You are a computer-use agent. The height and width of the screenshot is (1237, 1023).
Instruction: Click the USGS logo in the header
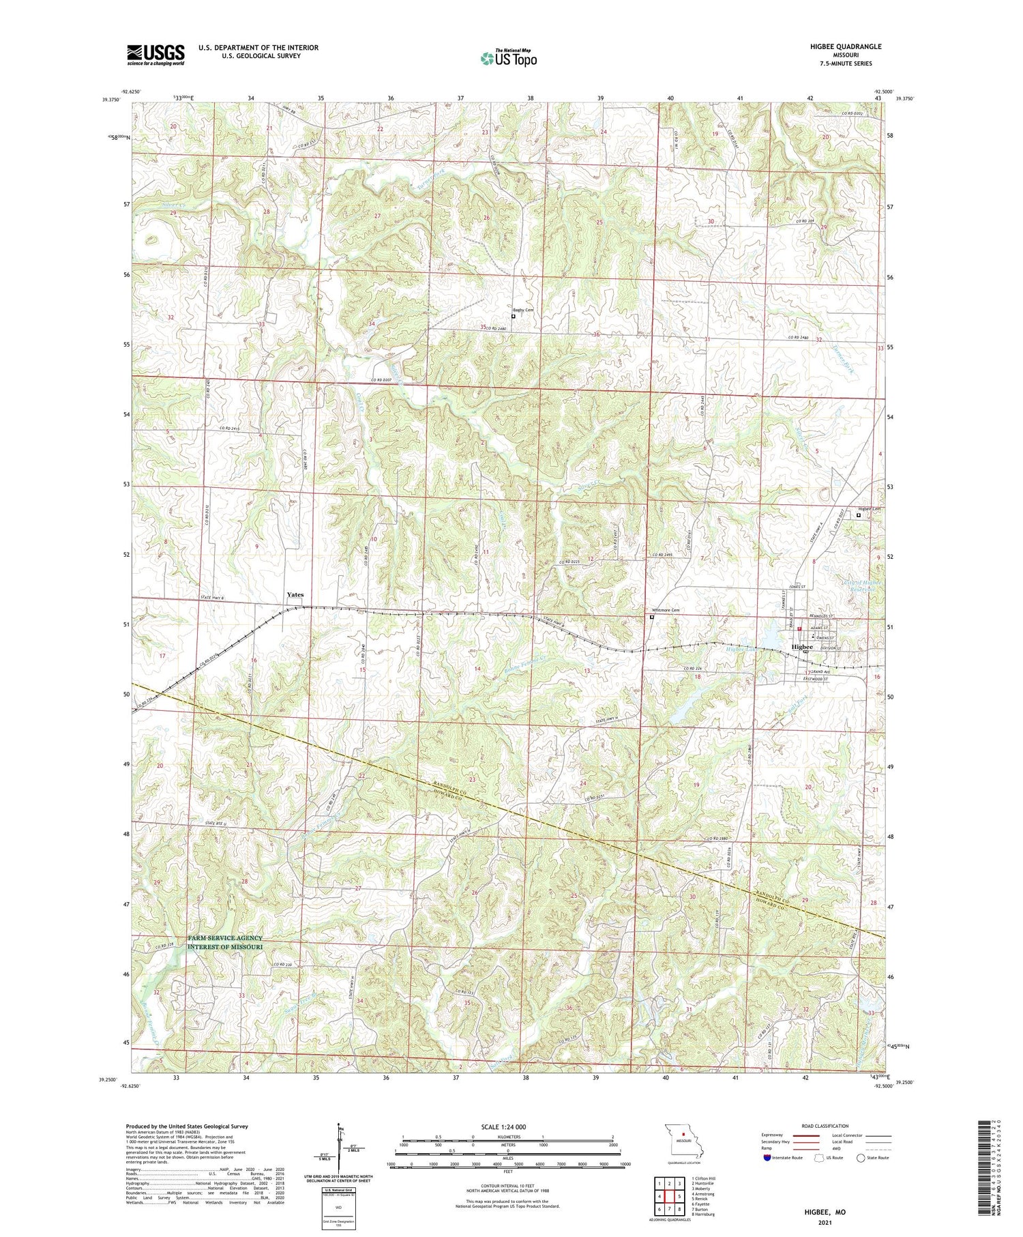pyautogui.click(x=155, y=55)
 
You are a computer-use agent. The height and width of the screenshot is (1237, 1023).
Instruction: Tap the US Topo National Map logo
pyautogui.click(x=508, y=58)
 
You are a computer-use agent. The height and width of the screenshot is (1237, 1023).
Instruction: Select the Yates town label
pyautogui.click(x=295, y=595)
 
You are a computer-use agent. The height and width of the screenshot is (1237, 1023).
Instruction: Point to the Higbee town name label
pyautogui.click(x=801, y=647)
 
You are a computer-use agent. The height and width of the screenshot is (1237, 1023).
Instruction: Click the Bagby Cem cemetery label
pyautogui.click(x=524, y=310)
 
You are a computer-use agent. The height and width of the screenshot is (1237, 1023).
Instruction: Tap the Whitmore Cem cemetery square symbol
pyautogui.click(x=652, y=617)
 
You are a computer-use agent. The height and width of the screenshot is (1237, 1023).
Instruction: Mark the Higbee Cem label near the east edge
pyautogui.click(x=870, y=509)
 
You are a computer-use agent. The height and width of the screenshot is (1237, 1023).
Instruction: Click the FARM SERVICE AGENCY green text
pyautogui.click(x=225, y=938)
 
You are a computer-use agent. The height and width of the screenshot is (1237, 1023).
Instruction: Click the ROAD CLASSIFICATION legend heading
pyautogui.click(x=825, y=1126)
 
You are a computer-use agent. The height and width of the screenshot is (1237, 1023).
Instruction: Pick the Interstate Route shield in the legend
pyautogui.click(x=767, y=1157)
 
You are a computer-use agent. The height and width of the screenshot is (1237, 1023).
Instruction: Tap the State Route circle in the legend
pyautogui.click(x=861, y=1157)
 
